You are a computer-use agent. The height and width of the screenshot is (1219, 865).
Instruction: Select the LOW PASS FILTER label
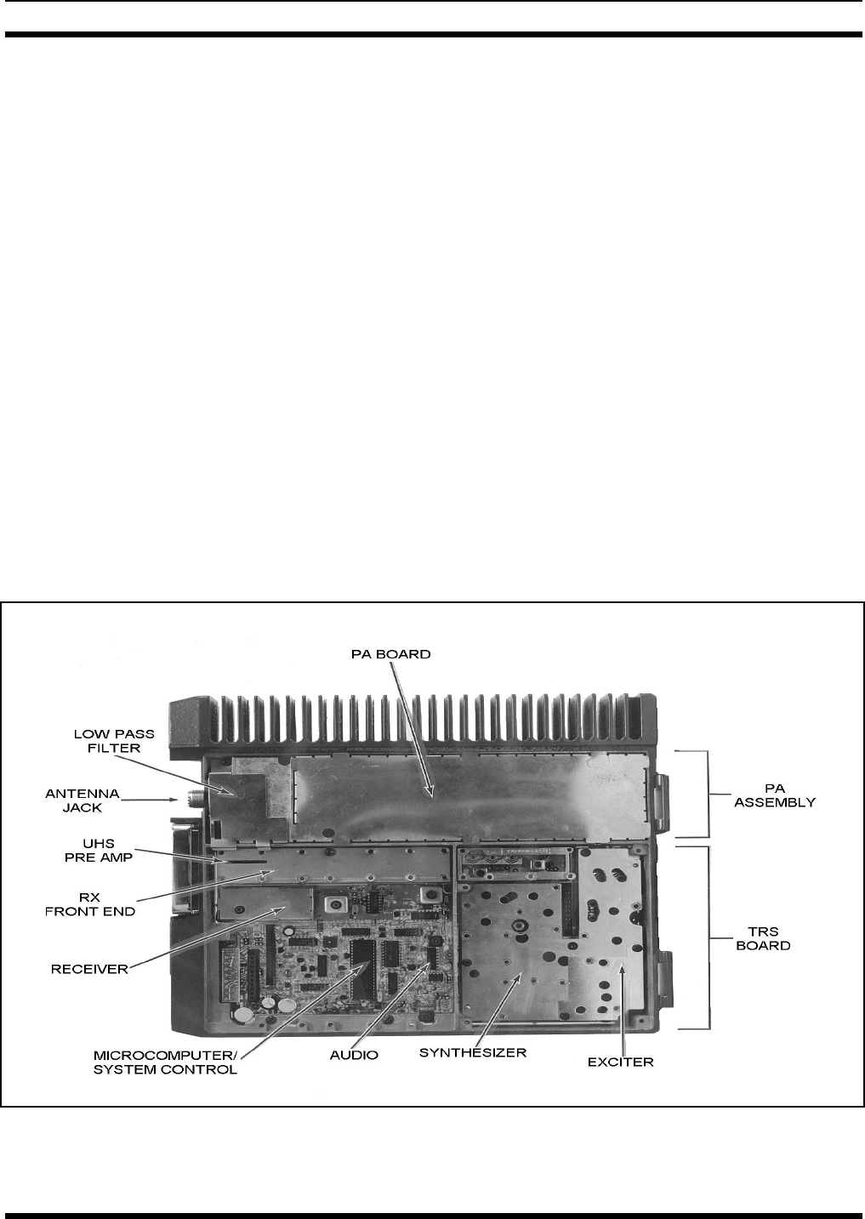coord(105,739)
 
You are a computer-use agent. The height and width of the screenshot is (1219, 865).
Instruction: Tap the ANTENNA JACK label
coord(83,801)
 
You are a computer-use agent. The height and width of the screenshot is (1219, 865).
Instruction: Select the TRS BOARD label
coord(762,938)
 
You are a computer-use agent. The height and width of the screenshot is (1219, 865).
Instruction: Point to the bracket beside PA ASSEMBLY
coord(703,794)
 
